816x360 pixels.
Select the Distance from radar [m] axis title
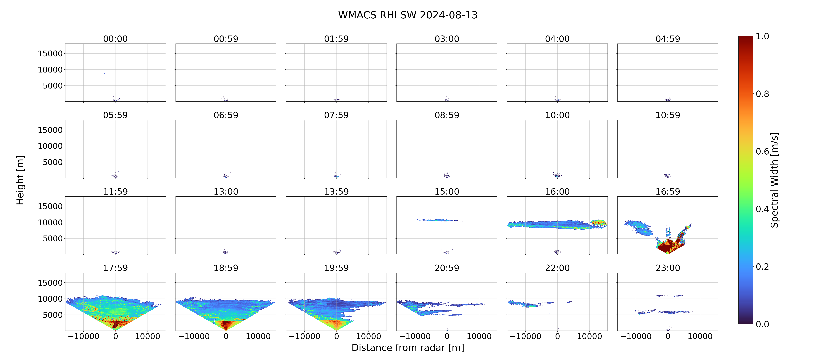click(x=408, y=348)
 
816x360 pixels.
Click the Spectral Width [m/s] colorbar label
click(x=774, y=180)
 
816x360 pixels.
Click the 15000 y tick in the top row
click(x=50, y=54)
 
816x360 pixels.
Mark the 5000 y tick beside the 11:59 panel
click(x=53, y=238)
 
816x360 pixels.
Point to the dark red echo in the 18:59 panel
click(x=226, y=325)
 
